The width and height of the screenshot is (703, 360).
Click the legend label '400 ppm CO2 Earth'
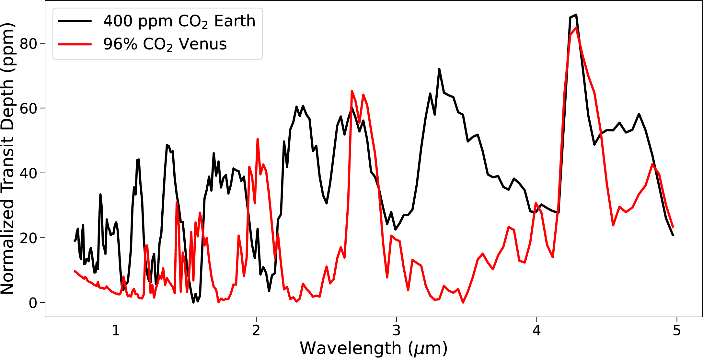[179, 21]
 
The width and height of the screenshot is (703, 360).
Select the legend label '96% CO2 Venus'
[165, 44]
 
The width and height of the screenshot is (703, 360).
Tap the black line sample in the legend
[75, 21]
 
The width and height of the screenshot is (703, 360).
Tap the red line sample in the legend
[75, 44]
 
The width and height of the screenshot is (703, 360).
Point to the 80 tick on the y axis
[29, 43]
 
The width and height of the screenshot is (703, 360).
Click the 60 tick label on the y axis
[29, 108]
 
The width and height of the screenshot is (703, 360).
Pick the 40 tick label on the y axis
[29, 173]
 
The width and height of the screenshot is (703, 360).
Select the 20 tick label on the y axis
[29, 238]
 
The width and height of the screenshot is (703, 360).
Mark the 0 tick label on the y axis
[33, 303]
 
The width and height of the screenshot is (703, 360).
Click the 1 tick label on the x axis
[116, 331]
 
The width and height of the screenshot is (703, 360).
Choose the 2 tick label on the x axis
[256, 331]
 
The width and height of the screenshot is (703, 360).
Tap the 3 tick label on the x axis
[397, 331]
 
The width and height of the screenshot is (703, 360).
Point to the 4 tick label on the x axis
[537, 331]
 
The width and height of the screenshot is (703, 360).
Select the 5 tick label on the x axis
[677, 331]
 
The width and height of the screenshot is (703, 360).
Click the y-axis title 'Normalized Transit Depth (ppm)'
[8, 159]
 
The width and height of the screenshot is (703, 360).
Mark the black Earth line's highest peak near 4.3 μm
[576, 15]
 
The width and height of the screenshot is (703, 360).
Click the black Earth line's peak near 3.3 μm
[439, 69]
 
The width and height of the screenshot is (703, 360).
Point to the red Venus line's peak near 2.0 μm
[258, 139]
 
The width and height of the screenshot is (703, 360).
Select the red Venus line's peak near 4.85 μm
[652, 164]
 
